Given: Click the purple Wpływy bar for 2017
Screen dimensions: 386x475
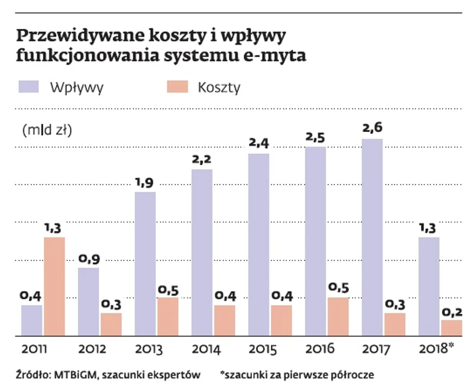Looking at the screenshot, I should (x=372, y=237).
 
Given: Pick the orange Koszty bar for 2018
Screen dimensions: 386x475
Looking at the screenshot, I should (x=452, y=328).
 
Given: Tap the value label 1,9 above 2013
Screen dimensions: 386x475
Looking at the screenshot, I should (x=145, y=183).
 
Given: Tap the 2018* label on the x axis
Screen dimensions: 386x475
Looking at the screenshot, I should (x=437, y=349).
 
